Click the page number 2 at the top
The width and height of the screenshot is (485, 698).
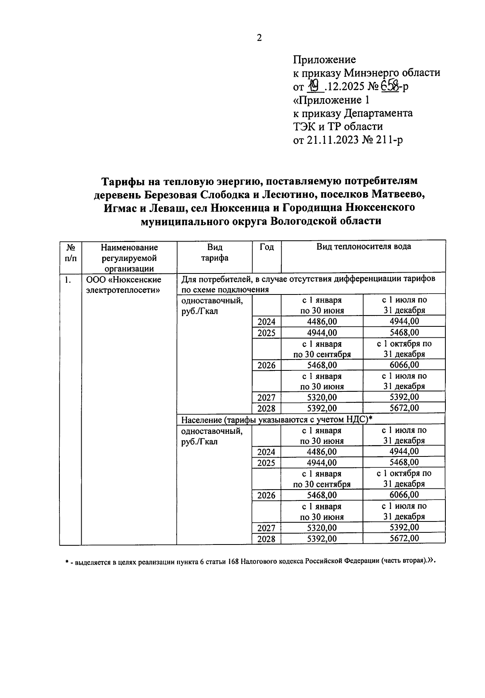coord(259,38)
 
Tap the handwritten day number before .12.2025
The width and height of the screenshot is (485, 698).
coord(314,86)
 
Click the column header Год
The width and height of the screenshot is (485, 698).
coord(266,247)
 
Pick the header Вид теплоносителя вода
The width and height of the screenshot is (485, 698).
coord(363,246)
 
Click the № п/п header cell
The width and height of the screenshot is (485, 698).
coord(70,252)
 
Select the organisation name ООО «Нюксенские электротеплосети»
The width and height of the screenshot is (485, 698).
coord(124,285)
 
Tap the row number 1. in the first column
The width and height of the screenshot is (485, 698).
coord(68,280)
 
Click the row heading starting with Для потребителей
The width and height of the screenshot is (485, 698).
coord(308,284)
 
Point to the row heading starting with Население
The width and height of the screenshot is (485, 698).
coord(276,419)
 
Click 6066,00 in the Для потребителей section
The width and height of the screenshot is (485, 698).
coord(404,365)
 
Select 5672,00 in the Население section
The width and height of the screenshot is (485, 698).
coord(404,538)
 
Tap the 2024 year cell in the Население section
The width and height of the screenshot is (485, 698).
coord(266,452)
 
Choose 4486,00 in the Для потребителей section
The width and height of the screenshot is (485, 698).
coord(322,322)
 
